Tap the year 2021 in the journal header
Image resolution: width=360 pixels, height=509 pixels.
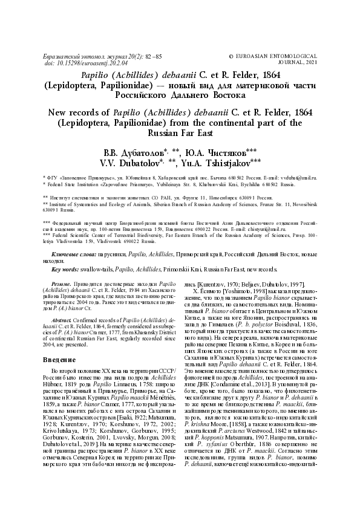tap(310, 62)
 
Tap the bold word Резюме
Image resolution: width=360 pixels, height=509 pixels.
tap(62, 284)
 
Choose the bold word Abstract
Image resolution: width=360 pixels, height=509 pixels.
tap(64, 319)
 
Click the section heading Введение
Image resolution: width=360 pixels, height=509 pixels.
tap(58, 359)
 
